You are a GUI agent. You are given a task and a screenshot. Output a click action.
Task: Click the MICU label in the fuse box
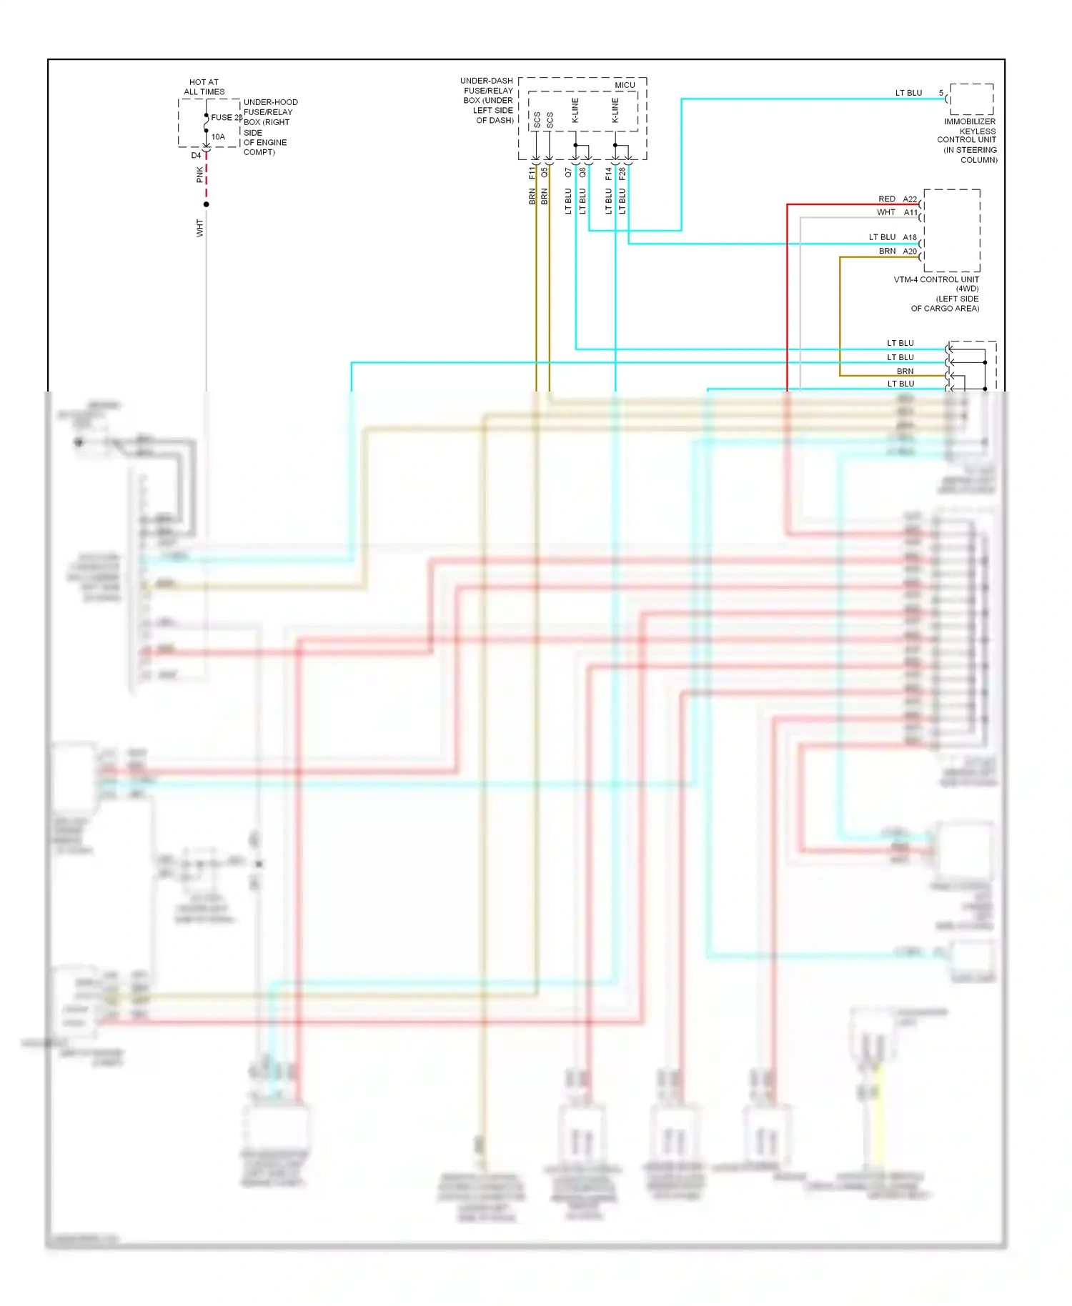[625, 85]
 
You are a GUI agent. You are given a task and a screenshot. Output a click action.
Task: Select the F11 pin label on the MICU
[532, 173]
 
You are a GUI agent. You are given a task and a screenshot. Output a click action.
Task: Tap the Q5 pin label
[545, 173]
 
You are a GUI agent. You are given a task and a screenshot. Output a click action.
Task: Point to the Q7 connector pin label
[568, 173]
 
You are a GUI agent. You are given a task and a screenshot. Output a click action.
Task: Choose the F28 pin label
[622, 173]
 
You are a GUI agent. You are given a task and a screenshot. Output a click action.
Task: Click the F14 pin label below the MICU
[608, 173]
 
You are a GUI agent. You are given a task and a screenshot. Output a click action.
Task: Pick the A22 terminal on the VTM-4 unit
[909, 199]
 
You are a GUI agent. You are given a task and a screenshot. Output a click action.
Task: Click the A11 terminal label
[910, 212]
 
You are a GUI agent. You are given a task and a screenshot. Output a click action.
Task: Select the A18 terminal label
[909, 237]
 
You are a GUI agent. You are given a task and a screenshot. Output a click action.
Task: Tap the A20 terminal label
[909, 251]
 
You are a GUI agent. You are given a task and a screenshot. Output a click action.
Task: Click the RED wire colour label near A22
[886, 199]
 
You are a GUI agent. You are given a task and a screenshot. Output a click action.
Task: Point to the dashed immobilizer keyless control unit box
[971, 99]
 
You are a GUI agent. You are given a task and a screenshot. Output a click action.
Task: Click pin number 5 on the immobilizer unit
[941, 93]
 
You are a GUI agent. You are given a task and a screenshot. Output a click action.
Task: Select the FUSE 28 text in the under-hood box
[226, 117]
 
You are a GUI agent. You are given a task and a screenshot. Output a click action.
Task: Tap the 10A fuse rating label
[218, 136]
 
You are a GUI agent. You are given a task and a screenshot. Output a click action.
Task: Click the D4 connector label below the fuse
[196, 155]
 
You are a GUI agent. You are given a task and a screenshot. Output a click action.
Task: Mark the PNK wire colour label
[200, 175]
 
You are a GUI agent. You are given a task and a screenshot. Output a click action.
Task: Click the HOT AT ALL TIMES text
[204, 87]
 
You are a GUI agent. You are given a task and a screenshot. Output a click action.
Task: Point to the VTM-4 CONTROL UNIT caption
[936, 279]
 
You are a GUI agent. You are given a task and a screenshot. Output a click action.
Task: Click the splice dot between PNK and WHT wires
[207, 204]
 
